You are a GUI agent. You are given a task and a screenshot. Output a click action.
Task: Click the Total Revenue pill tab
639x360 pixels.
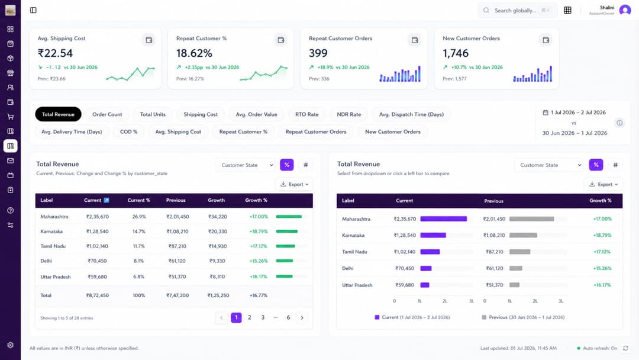(58, 114)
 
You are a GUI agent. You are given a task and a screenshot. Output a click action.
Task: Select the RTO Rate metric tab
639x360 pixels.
(307, 114)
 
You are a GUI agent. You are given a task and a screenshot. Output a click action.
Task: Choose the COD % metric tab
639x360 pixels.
(129, 131)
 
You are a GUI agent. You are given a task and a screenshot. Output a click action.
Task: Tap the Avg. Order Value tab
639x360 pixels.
(256, 114)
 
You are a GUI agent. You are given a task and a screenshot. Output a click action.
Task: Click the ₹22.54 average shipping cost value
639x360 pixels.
(55, 53)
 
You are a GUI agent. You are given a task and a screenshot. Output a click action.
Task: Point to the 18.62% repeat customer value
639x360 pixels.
(194, 53)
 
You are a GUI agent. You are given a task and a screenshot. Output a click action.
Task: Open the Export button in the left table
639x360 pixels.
(294, 184)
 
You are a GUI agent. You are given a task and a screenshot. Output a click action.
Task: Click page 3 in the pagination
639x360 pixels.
(263, 317)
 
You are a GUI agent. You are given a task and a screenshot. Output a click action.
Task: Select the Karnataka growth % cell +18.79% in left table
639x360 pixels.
(259, 231)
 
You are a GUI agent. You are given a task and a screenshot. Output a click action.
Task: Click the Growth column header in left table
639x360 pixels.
(216, 200)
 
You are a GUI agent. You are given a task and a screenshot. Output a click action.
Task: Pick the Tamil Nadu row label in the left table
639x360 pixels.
(53, 246)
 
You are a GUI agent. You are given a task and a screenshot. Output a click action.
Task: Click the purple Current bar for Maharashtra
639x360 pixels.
(443, 219)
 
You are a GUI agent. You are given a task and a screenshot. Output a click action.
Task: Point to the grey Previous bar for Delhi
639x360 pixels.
(515, 268)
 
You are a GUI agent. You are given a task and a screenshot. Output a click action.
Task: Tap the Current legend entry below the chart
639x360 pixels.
(412, 317)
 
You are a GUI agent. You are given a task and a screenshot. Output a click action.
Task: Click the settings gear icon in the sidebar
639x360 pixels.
(10, 345)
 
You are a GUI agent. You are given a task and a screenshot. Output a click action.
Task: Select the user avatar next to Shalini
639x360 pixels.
(625, 10)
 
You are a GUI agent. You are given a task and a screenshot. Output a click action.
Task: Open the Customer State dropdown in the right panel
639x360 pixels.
(548, 165)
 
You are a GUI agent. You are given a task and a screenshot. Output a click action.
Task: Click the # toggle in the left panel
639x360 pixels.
(306, 165)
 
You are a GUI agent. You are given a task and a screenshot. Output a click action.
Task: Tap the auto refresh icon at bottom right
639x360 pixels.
(625, 348)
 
